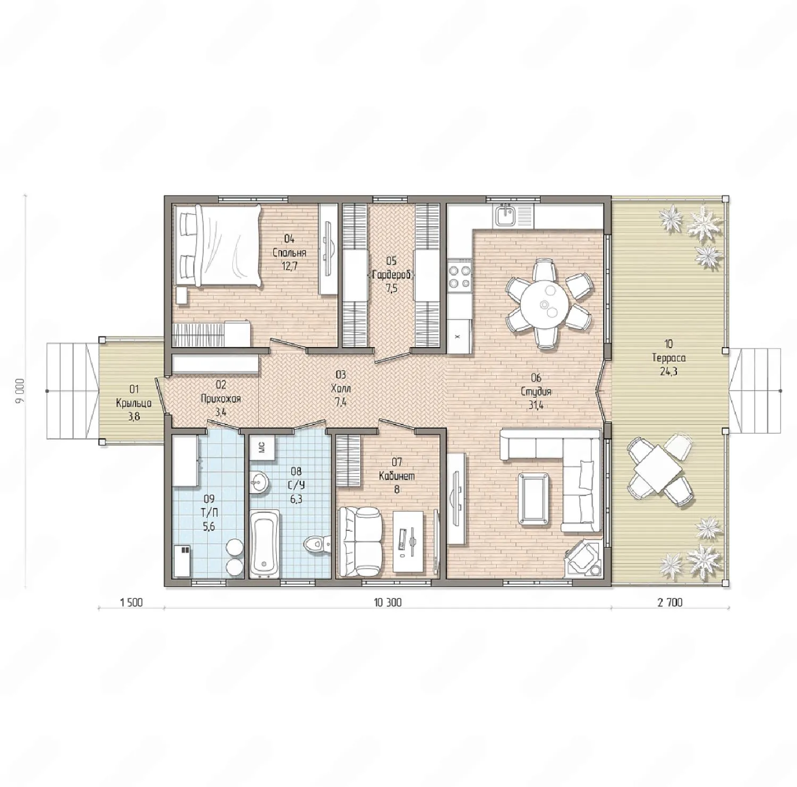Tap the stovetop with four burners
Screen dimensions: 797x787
tap(460, 276)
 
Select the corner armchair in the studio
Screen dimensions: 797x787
tap(583, 558)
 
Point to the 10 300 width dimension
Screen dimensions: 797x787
tap(388, 602)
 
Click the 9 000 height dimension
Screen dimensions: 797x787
tap(20, 391)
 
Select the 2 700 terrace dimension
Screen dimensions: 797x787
tap(669, 602)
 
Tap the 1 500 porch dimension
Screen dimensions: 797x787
tap(131, 602)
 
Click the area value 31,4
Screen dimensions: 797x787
tap(536, 404)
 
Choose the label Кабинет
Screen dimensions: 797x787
tap(397, 476)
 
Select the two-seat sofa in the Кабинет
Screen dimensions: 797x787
tap(360, 541)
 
